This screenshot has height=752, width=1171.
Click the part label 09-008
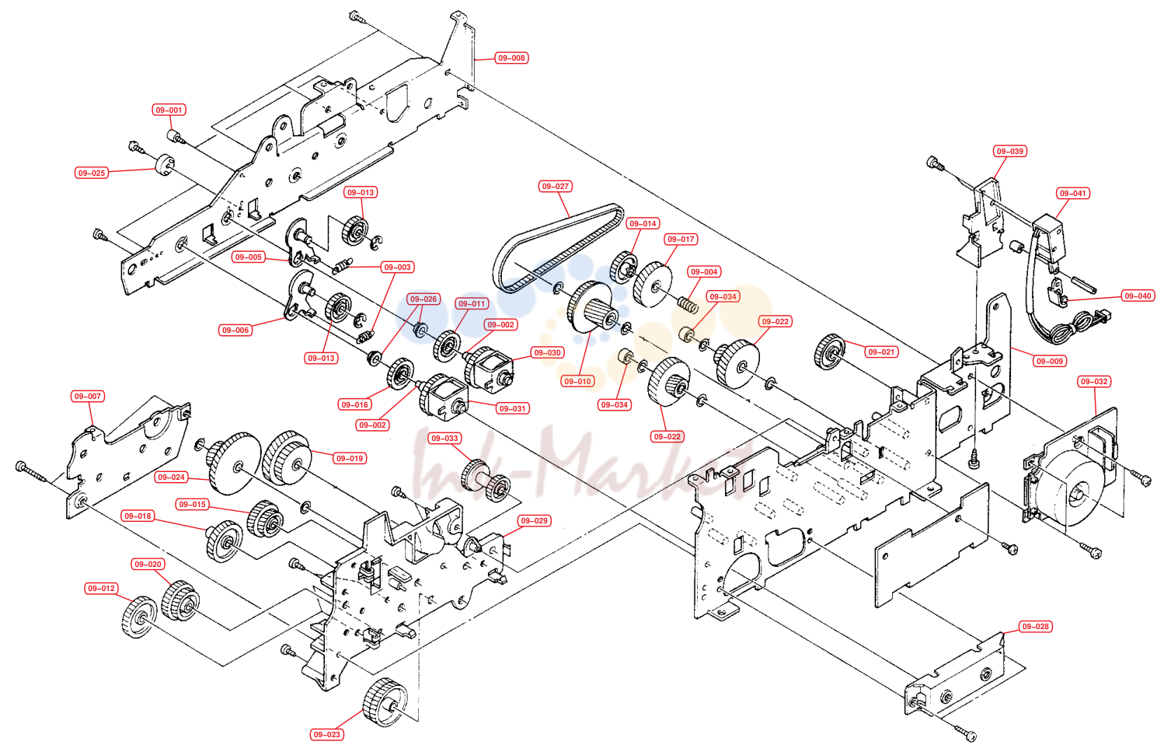(511, 58)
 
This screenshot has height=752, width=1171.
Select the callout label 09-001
(169, 110)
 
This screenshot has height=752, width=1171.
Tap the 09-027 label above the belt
(555, 187)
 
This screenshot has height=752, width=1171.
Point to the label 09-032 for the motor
(1094, 382)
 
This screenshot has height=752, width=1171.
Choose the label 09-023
(326, 735)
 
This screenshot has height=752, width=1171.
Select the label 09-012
(102, 589)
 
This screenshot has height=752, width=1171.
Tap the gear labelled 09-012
(139, 617)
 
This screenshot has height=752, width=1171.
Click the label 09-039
(1010, 151)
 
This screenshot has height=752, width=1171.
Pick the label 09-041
(1073, 193)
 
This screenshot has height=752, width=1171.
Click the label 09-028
(1036, 626)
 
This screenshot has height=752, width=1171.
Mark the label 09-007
(88, 396)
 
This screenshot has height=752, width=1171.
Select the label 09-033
(444, 438)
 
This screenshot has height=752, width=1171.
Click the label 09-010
(577, 382)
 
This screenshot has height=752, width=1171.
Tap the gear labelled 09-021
(829, 352)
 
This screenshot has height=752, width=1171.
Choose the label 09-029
(534, 521)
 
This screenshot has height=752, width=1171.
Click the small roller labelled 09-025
(165, 165)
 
